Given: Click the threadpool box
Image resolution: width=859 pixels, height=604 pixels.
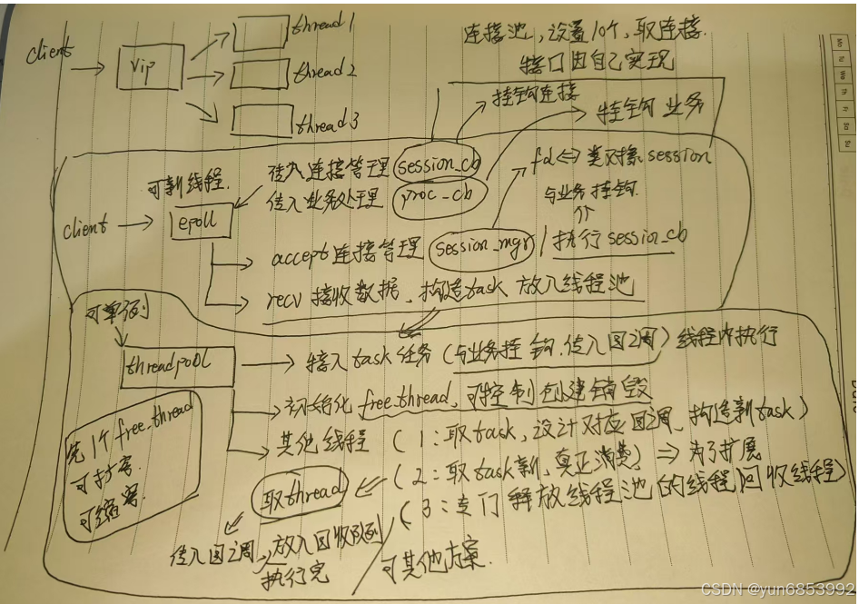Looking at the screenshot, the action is [x=177, y=366].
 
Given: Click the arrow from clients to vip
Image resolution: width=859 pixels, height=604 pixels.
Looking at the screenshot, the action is [x=88, y=67].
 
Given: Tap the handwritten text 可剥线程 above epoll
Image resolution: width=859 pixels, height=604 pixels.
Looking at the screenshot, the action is [x=187, y=188].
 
